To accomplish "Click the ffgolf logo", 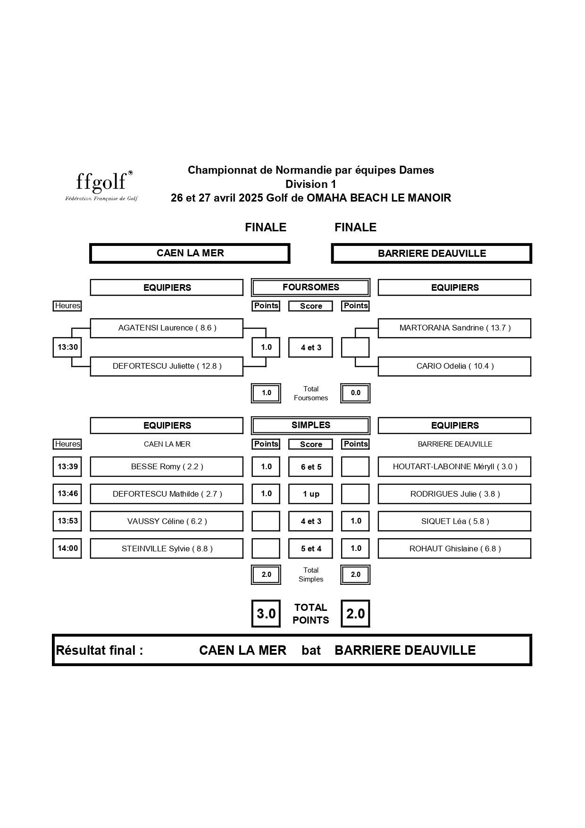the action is point(101,186).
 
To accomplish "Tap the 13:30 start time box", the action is point(67,347).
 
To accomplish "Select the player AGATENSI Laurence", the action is point(167,328).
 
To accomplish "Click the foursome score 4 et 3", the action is point(311,348).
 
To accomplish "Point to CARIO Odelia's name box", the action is point(455,366).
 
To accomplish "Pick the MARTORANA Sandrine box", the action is point(455,328).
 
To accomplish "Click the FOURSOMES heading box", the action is point(311,287).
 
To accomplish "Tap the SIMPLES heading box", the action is point(311,425).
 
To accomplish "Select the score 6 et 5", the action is point(311,467).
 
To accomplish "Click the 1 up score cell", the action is point(311,494).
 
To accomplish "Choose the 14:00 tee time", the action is point(67,549).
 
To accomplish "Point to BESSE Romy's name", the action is point(167,467).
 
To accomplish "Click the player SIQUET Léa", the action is point(455,522).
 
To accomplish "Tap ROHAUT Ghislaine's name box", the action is point(455,549).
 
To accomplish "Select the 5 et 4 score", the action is point(311,549).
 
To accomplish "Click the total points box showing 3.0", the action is point(266,614).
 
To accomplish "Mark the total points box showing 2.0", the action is point(355,614).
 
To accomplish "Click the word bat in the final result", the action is point(311,651).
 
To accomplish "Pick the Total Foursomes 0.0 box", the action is point(355,393).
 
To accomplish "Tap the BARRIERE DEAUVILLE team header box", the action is point(432,253).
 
